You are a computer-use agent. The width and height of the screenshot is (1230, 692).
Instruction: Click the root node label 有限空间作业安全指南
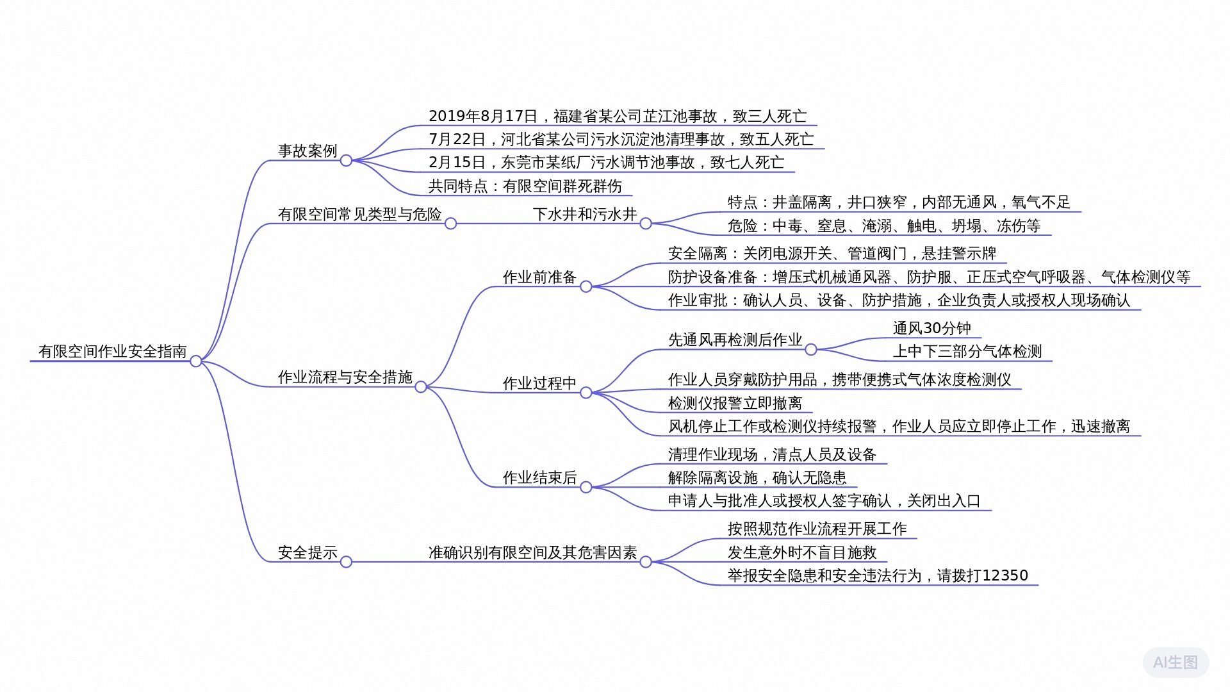coord(113,351)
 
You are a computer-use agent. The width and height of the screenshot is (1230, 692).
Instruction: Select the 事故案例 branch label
coord(307,151)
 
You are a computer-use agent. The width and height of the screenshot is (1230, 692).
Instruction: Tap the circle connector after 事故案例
coord(346,160)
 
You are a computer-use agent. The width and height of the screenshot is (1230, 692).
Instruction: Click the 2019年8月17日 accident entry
coord(618,116)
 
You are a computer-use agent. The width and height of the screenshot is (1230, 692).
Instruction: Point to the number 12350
coord(1004,575)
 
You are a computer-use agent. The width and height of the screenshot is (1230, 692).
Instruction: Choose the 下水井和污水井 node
coord(585,214)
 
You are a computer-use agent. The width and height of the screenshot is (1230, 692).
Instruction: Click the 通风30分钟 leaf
coord(932,328)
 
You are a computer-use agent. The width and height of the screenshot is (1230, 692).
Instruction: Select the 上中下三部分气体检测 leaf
coord(967,351)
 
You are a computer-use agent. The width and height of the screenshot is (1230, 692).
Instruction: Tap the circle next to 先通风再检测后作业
coord(811,349)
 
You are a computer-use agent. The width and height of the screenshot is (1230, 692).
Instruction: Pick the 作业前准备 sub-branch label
coord(539,277)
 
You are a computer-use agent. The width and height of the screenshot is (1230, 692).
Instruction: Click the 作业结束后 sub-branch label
coord(539,477)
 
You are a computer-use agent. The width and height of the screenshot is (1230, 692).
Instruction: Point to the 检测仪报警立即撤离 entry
coord(735,403)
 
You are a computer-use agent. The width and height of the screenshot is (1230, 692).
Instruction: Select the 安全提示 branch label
coord(307,552)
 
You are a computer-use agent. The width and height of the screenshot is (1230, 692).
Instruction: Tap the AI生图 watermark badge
coord(1176,662)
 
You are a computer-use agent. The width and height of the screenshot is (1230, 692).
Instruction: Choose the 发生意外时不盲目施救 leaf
coord(802,552)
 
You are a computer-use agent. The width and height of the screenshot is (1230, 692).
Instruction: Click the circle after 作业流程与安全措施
coord(421,386)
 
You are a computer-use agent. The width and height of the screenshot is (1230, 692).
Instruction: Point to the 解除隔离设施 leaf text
coord(712,477)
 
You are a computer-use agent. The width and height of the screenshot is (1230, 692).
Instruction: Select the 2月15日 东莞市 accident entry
coord(606,162)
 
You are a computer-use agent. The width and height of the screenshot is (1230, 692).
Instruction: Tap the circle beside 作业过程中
coord(586,393)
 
